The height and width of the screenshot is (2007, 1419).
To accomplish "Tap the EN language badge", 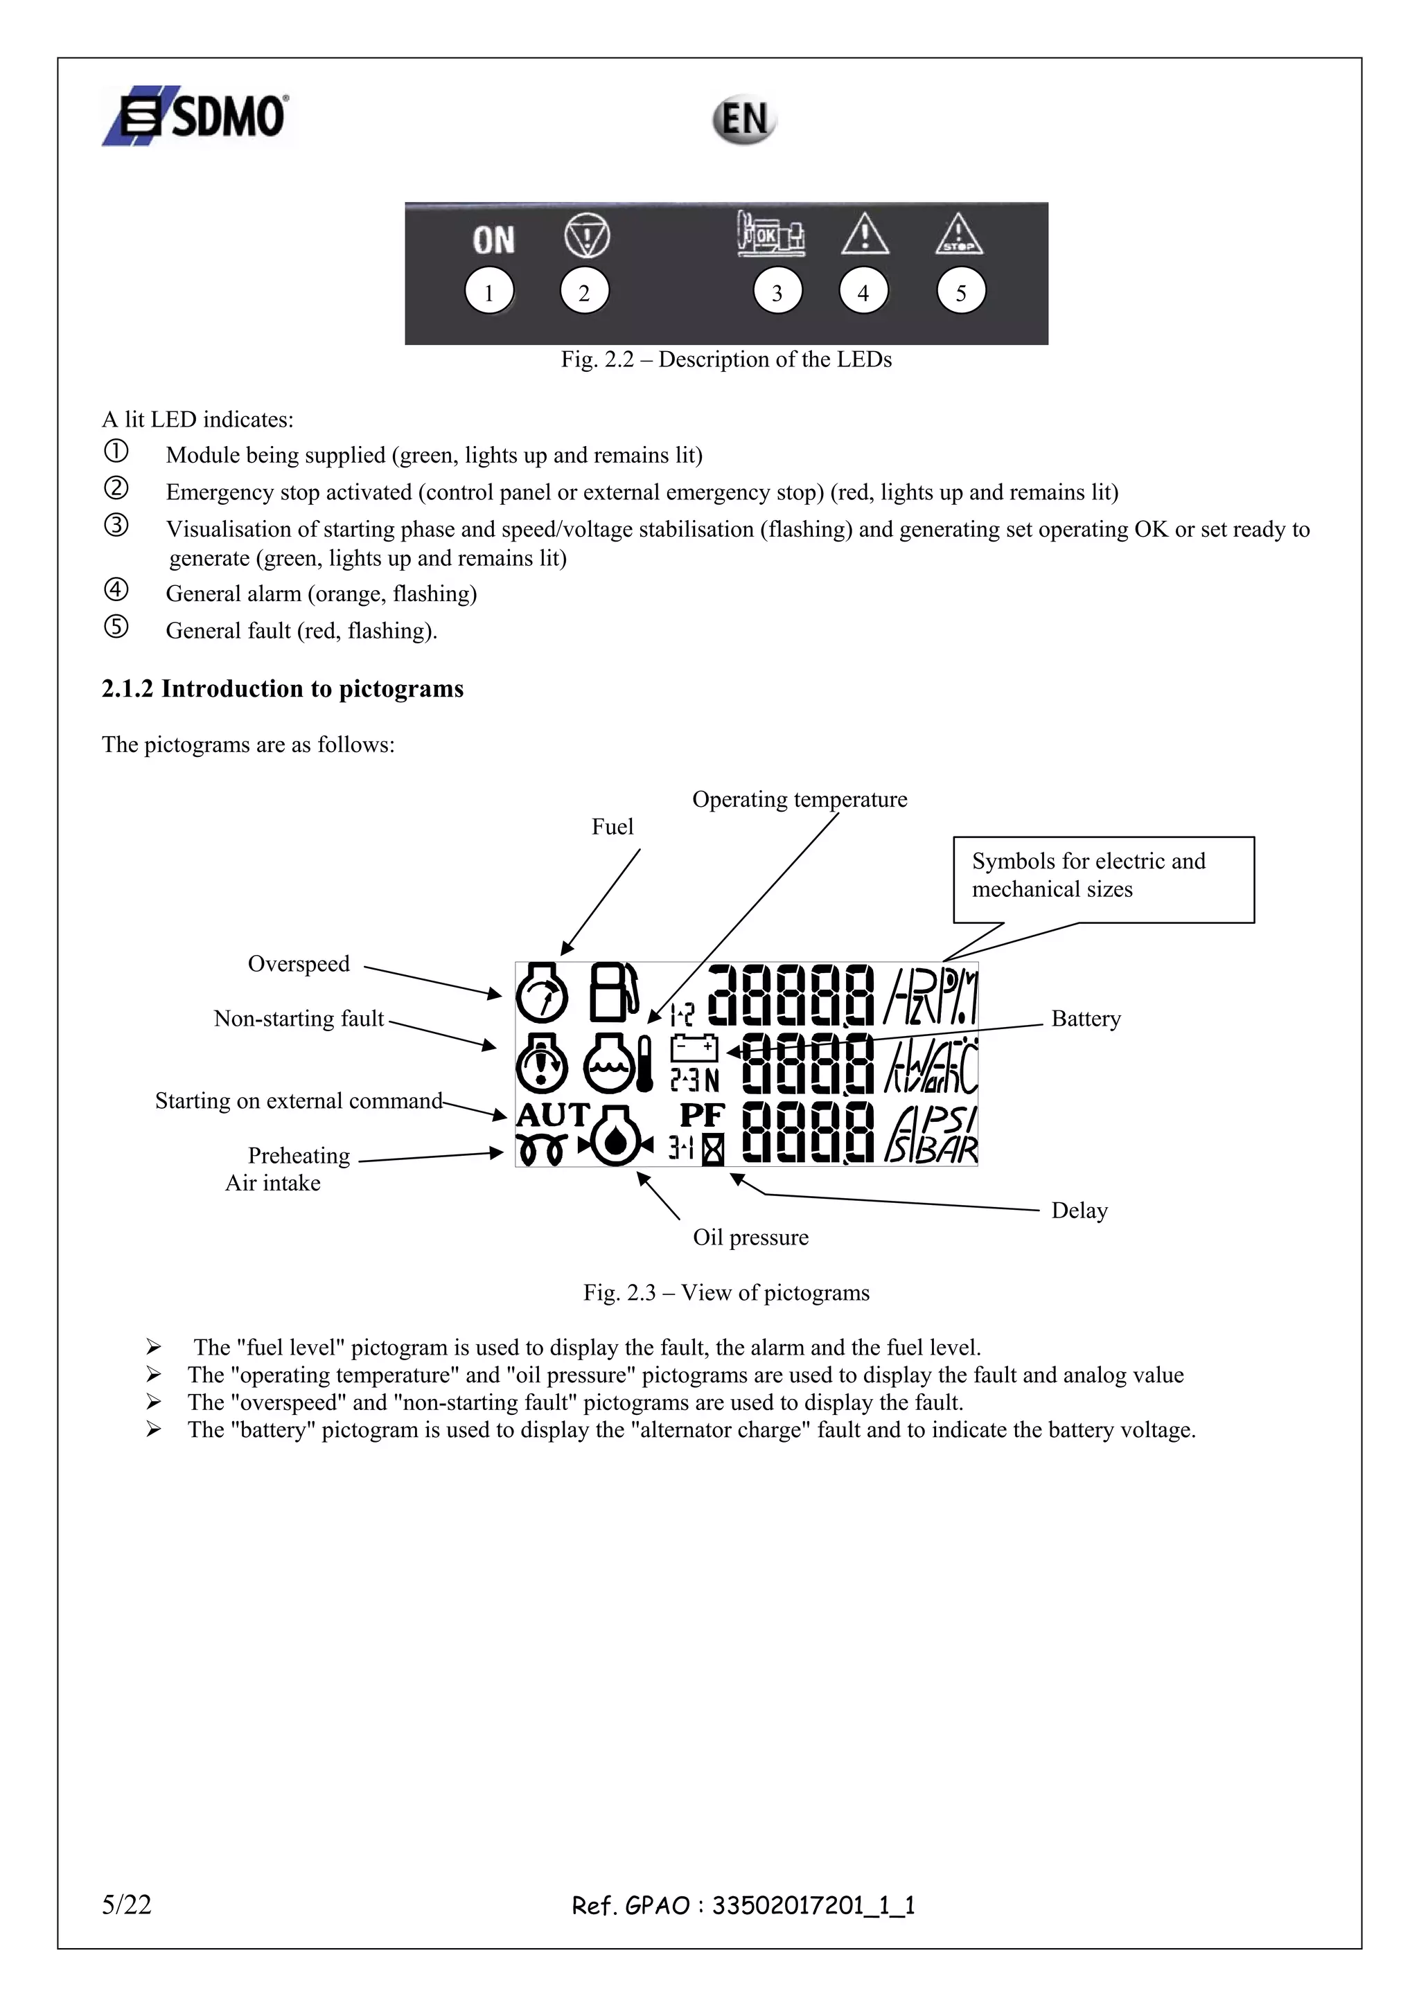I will pos(743,120).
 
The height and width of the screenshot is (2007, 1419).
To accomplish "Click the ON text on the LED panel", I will pos(493,240).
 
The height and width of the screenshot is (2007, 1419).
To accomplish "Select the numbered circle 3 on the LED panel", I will pos(777,292).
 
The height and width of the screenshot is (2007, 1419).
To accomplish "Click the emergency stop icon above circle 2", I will pos(587,236).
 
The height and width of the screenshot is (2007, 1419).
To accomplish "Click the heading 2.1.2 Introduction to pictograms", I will pos(283,689).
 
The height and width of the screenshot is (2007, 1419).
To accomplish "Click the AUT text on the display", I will pos(552,1116).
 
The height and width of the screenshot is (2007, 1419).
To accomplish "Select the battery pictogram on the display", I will pos(694,1047).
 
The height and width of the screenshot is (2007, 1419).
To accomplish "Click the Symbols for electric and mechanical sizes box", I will pos(1102,879).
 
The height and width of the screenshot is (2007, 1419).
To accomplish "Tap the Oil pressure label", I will pos(750,1237).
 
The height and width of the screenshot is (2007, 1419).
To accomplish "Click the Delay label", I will pos(1079,1211).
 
